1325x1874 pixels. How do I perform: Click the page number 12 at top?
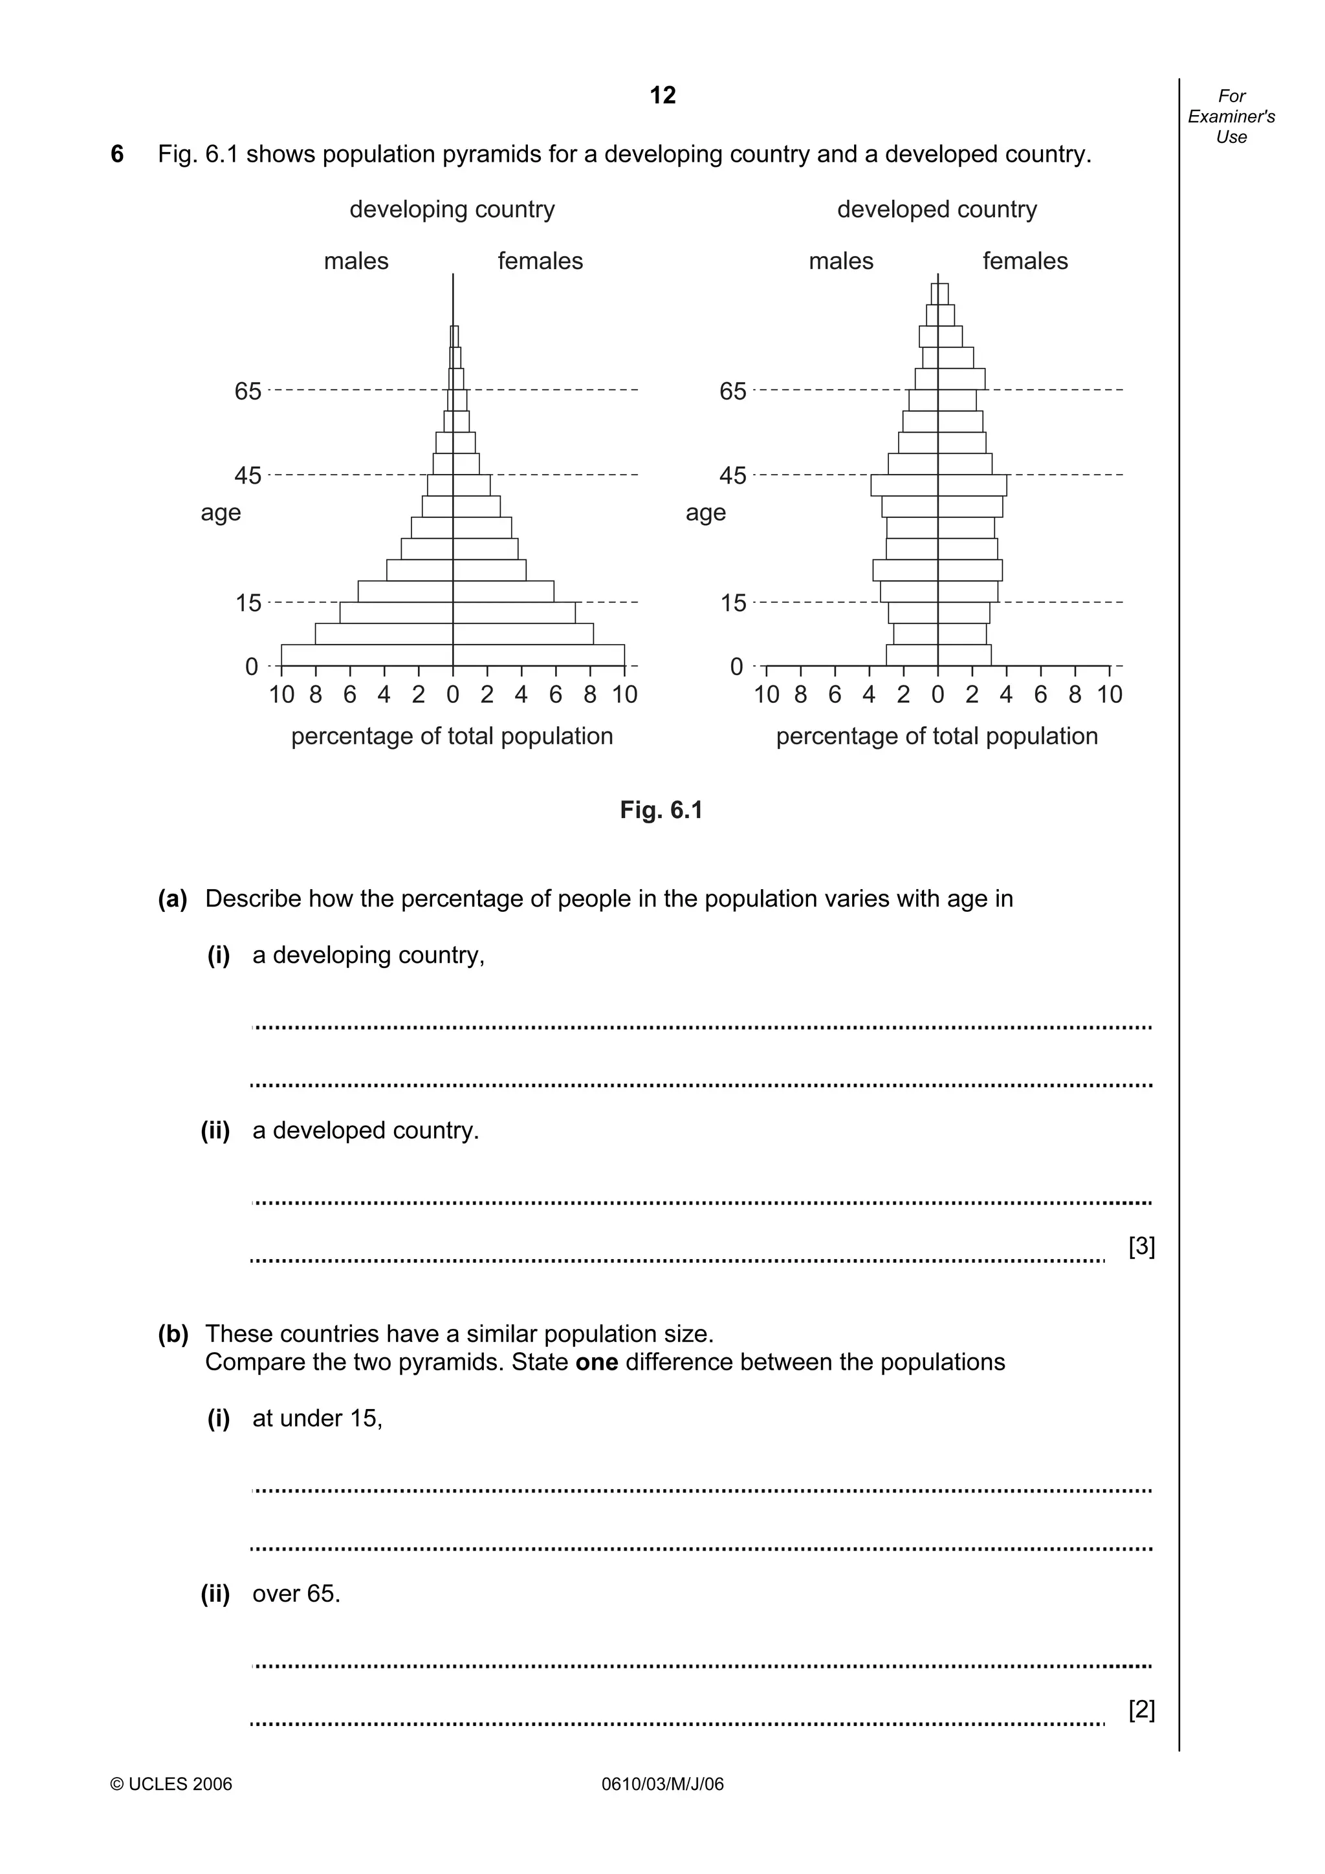tap(662, 96)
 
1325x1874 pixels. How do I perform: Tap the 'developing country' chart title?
tap(452, 210)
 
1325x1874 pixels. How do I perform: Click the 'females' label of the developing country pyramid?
tap(540, 261)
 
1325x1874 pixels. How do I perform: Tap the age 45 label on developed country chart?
tap(732, 476)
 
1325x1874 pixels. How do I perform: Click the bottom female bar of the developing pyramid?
tap(539, 656)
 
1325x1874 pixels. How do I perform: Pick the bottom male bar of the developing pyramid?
tap(367, 656)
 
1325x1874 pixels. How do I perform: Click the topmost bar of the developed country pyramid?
tap(939, 294)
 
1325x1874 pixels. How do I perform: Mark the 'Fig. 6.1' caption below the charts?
tap(661, 810)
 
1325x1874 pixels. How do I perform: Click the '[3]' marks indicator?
tap(1141, 1246)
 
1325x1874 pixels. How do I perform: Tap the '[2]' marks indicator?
tap(1141, 1709)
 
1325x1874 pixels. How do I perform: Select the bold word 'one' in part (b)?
tap(596, 1362)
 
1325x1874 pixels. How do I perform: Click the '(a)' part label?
tap(172, 899)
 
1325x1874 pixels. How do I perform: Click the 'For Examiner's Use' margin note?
tap(1231, 116)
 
